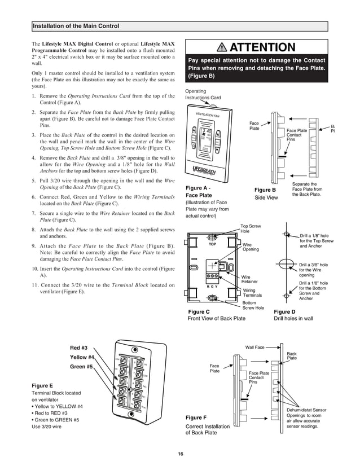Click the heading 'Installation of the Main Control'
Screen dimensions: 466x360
click(76, 26)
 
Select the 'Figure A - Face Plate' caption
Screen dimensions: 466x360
click(198, 191)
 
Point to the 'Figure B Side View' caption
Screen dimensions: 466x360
click(266, 194)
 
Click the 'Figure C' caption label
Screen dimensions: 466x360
click(198, 311)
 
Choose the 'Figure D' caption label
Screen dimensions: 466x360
click(284, 311)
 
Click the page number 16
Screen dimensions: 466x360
click(180, 454)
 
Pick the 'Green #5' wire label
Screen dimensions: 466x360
click(81, 367)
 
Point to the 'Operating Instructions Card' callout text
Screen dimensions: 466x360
click(203, 94)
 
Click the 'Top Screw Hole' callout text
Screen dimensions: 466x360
click(252, 228)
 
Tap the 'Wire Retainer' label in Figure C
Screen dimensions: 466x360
click(249, 279)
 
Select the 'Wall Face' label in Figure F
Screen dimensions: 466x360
click(255, 348)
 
